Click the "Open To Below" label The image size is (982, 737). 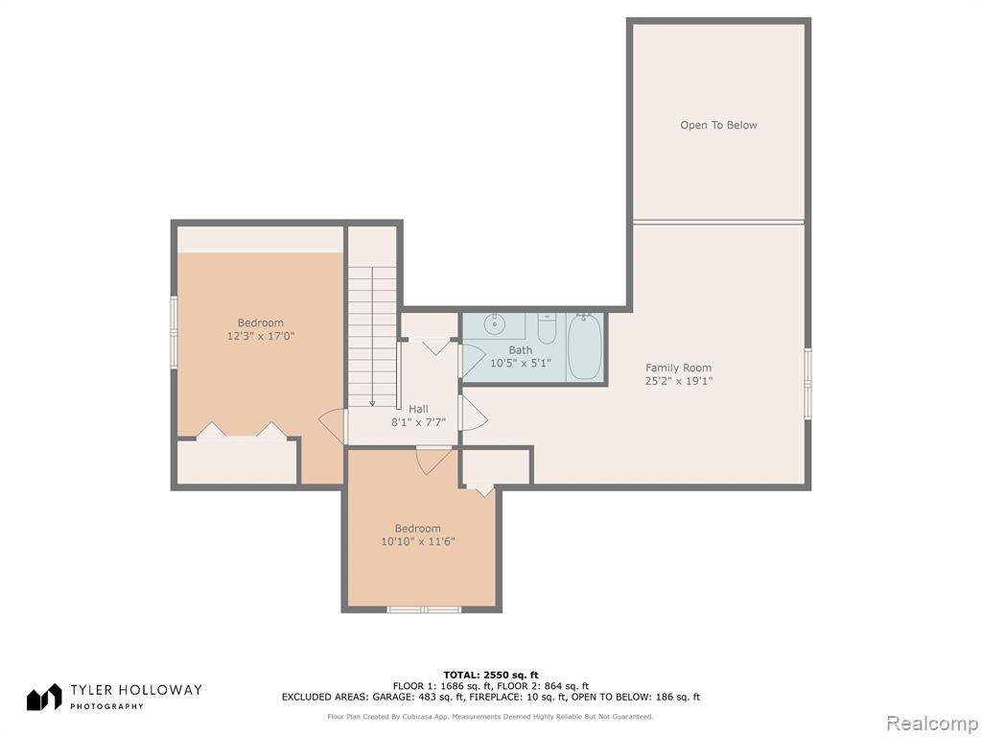[x=718, y=126]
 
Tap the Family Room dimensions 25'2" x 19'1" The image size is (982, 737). [x=679, y=380]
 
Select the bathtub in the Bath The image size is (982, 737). [x=585, y=346]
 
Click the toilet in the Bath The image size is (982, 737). [x=546, y=330]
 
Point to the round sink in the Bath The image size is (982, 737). [x=494, y=324]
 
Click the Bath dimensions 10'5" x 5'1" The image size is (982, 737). [x=520, y=363]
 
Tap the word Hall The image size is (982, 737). [x=418, y=409]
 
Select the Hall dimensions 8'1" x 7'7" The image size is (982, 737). [x=418, y=422]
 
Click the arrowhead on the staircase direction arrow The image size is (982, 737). [x=373, y=403]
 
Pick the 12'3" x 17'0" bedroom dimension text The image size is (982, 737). [x=261, y=337]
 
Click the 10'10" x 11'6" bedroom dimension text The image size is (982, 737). [x=418, y=541]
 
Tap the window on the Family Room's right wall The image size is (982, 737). [x=807, y=383]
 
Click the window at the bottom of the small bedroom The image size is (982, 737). [x=424, y=609]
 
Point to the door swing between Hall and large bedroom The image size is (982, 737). [x=333, y=425]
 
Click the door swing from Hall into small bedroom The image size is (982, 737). [x=433, y=461]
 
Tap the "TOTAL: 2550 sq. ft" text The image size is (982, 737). [x=491, y=675]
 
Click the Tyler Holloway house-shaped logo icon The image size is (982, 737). [x=44, y=697]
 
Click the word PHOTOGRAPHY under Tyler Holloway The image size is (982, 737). [x=106, y=706]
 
